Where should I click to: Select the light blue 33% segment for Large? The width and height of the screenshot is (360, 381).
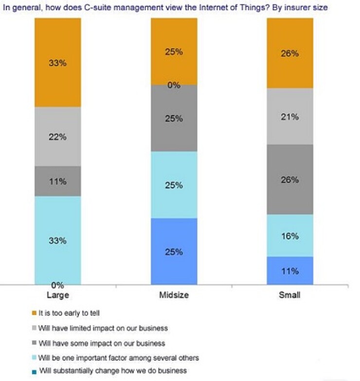click(57, 240)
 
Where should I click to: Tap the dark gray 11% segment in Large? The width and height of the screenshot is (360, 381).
click(57, 181)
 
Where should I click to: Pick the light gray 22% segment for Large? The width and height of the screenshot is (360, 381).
click(57, 137)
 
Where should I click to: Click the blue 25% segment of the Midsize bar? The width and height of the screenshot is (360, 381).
click(174, 251)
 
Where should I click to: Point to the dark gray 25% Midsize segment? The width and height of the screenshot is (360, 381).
click(174, 118)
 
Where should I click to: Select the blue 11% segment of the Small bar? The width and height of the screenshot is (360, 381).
click(290, 270)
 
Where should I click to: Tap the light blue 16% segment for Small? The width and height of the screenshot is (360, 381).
click(290, 236)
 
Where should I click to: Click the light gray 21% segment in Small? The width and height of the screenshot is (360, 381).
click(290, 116)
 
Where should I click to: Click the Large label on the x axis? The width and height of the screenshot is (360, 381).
click(57, 295)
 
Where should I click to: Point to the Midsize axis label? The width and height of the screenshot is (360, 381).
click(174, 295)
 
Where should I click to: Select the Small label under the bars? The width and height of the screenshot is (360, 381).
click(290, 295)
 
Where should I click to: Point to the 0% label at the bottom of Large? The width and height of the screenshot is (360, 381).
click(57, 285)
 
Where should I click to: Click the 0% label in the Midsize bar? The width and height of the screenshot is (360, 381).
click(174, 86)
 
